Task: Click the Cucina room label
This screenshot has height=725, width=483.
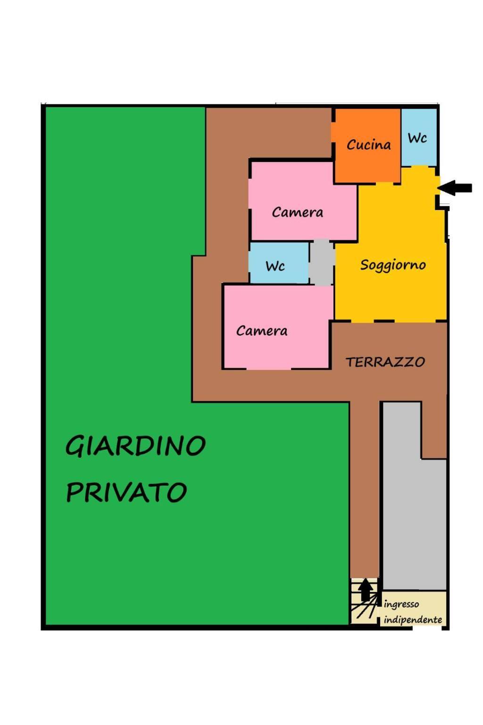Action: [368, 144]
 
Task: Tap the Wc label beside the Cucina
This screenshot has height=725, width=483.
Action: [417, 138]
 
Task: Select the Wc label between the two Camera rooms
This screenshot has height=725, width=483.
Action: [275, 266]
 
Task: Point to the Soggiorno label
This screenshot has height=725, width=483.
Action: [393, 265]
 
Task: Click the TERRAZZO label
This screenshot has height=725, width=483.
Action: [385, 362]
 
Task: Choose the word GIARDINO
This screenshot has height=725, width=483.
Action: [135, 446]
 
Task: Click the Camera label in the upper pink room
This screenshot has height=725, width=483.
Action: [297, 212]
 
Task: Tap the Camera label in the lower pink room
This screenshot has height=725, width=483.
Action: [262, 331]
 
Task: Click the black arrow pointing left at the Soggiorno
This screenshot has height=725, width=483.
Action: [455, 188]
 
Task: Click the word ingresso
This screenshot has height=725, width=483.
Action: [401, 604]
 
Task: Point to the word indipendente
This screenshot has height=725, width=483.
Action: [413, 620]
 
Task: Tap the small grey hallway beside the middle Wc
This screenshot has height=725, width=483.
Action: [322, 262]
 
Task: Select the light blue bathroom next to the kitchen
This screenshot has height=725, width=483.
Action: [419, 137]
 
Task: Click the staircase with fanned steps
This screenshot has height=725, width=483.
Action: [365, 601]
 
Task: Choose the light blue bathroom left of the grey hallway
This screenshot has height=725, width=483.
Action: [279, 263]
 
